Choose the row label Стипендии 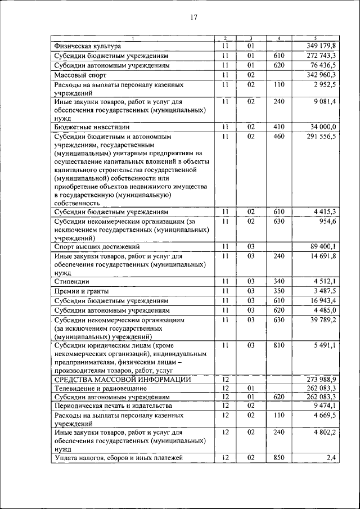pyautogui.click(x=71, y=281)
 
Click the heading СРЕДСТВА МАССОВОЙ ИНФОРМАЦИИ pyautogui.click(x=122, y=380)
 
